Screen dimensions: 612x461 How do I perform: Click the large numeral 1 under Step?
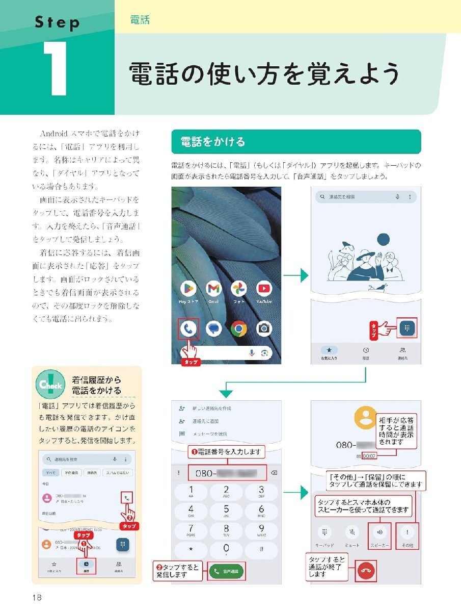tap(56, 68)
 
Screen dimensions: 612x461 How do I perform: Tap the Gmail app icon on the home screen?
tap(214, 289)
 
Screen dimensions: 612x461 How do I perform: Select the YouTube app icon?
tap(264, 289)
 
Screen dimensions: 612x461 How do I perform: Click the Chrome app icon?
tap(238, 328)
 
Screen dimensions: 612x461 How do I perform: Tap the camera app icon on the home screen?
tap(264, 328)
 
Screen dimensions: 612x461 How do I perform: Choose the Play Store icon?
tap(188, 289)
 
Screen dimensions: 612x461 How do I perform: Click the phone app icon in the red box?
tap(188, 329)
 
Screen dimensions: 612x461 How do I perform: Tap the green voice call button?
tap(226, 572)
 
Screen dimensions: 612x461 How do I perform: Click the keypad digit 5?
tap(226, 511)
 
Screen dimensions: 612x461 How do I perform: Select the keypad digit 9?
tap(261, 529)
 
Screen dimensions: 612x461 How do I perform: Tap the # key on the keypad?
tap(261, 549)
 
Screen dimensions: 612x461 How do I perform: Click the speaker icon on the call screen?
tap(379, 532)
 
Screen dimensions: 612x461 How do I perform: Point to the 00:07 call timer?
tap(369, 456)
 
